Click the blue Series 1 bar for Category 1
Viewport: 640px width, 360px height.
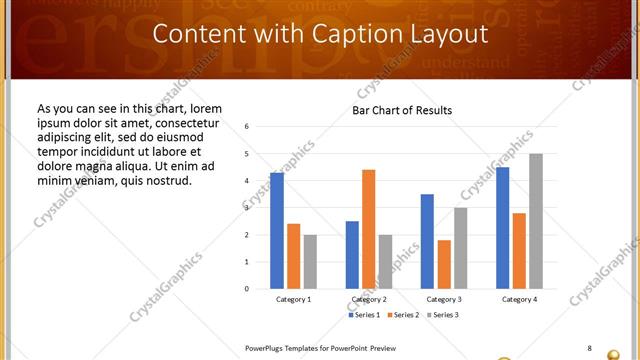click(277, 231)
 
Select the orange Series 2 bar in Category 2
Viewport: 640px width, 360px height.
click(368, 229)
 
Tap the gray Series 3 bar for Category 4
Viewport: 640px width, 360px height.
click(536, 221)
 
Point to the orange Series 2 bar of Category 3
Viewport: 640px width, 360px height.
click(444, 264)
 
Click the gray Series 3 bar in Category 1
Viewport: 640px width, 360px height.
click(310, 262)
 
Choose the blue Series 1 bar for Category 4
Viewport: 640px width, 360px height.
click(502, 228)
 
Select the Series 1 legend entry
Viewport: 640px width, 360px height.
click(366, 315)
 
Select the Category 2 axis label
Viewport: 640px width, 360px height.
click(368, 299)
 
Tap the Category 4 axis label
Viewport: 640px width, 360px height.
click(518, 299)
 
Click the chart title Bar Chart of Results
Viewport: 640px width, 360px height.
click(402, 110)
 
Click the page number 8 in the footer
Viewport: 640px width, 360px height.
click(589, 348)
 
